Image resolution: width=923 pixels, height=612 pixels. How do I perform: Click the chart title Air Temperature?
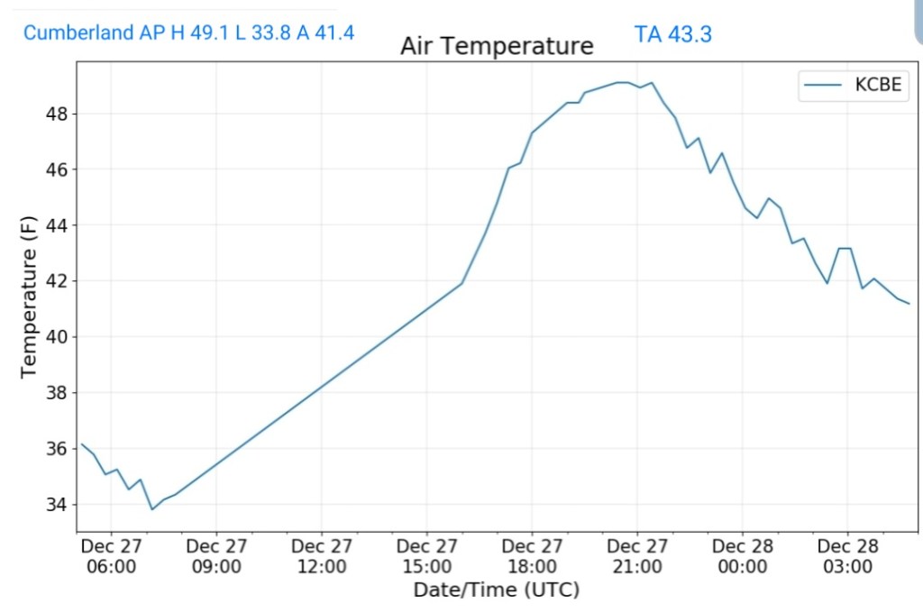[x=497, y=46]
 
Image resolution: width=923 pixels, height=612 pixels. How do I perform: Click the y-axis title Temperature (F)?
[x=29, y=296]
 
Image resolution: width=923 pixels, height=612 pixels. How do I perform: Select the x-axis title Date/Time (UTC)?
[x=496, y=589]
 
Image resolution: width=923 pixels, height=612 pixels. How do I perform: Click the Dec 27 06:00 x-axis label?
[x=111, y=556]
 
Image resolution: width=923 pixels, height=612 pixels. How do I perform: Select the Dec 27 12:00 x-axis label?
[x=322, y=556]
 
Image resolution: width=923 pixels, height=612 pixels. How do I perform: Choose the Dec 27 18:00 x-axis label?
[x=532, y=556]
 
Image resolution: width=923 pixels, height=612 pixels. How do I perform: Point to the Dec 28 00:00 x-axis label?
[x=742, y=556]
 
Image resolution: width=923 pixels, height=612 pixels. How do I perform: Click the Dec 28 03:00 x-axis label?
[x=847, y=556]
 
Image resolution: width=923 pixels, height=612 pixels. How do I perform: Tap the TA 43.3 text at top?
[x=672, y=34]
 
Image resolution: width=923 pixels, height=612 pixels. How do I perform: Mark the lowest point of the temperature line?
[x=151, y=509]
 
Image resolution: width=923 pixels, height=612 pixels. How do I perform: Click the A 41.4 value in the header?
[x=326, y=33]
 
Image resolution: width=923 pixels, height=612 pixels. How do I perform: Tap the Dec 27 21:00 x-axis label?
[x=637, y=556]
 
